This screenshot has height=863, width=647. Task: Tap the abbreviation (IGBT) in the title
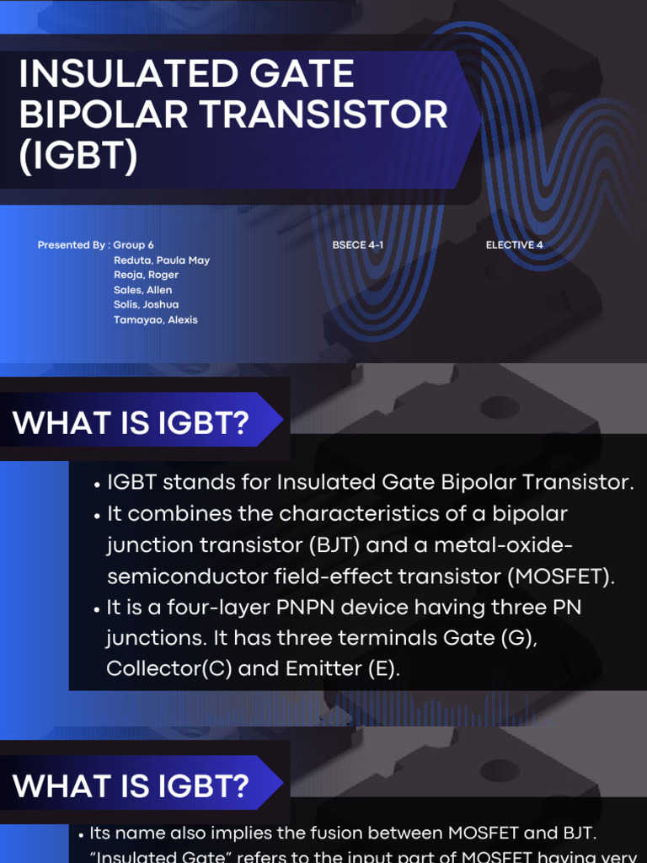coord(78,158)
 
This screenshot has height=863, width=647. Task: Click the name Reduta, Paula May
coord(162,260)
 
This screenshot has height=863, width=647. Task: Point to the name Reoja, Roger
coord(146,275)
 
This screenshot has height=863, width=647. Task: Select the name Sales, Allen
coord(143,290)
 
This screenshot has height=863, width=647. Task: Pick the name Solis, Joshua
coord(146,304)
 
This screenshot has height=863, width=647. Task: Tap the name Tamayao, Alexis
coord(156,319)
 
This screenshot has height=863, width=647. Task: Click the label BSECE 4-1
coord(358,245)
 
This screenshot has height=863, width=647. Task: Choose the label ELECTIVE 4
coord(515,245)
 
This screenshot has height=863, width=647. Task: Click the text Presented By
coord(71,245)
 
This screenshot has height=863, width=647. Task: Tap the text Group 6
coord(134,245)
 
